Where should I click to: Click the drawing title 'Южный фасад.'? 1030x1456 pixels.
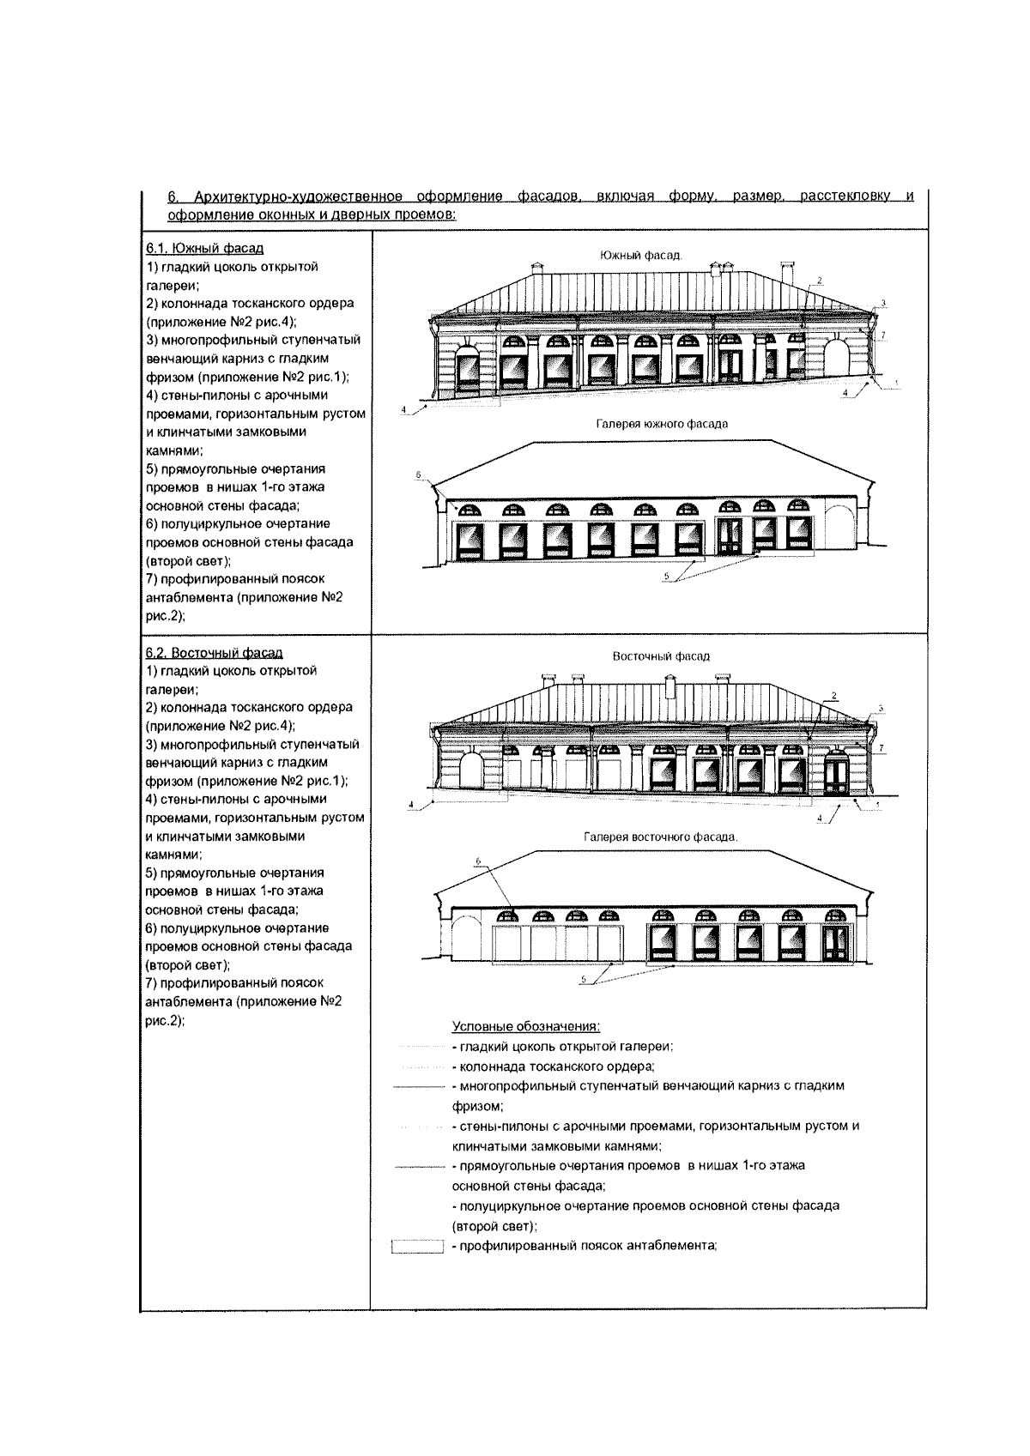coord(639,255)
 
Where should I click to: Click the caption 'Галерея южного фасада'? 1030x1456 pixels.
coord(662,424)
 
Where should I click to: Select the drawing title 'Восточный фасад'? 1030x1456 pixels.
coord(661,656)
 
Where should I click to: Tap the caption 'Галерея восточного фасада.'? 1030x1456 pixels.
coord(660,837)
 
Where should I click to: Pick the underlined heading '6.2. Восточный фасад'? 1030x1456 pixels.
coord(214,653)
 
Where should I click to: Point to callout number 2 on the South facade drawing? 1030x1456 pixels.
coord(820,281)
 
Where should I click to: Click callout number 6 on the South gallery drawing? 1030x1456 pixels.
coord(418,474)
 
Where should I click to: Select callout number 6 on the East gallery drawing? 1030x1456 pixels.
coord(480,861)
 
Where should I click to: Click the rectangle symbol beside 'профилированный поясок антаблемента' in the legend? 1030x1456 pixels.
coord(416,1247)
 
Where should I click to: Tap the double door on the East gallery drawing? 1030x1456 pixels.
coord(836,942)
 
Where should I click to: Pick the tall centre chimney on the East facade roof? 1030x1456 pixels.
coord(671,687)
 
